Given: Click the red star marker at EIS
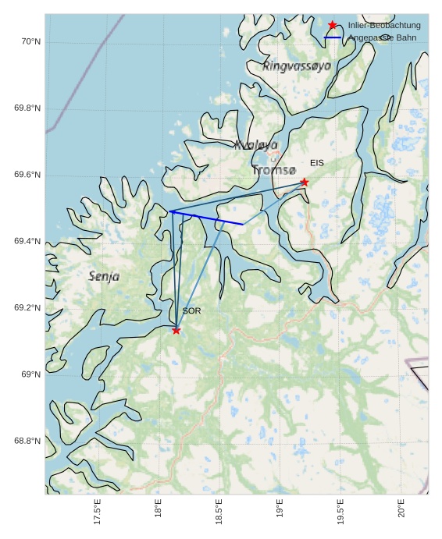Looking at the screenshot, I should coord(305,182).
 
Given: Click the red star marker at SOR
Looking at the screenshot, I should coord(176,330).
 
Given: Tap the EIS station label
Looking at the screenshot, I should coord(316,163).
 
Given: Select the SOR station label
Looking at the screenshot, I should coord(191,311).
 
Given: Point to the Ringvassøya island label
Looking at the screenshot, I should coord(297,66).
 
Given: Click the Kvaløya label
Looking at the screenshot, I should coord(256,144).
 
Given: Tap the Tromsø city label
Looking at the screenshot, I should coord(274,169).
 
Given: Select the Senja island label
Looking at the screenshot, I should coord(104,276).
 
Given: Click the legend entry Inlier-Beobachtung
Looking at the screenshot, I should coord(383,25).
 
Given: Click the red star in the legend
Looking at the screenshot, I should coord(333,25).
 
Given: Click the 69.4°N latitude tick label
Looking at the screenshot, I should coord(27,241).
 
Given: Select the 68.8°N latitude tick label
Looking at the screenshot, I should coord(27,441).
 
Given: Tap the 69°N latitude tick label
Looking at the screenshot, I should coord(30,374).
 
